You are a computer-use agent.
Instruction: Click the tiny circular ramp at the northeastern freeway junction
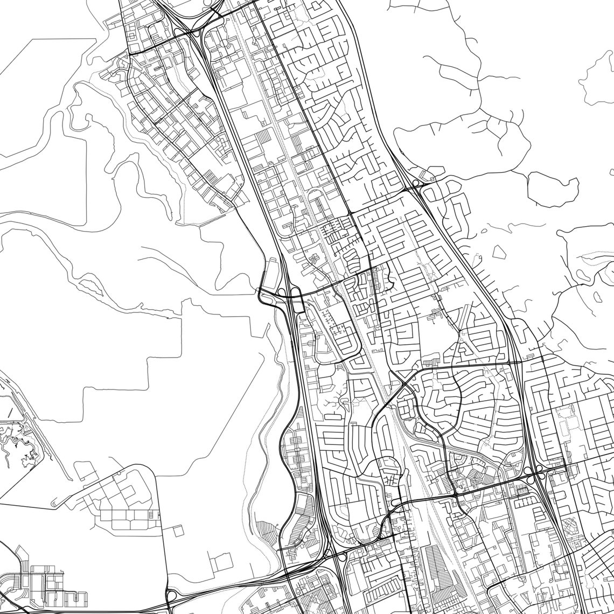tap(415, 184)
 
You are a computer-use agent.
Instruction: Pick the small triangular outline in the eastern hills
tap(499, 251)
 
